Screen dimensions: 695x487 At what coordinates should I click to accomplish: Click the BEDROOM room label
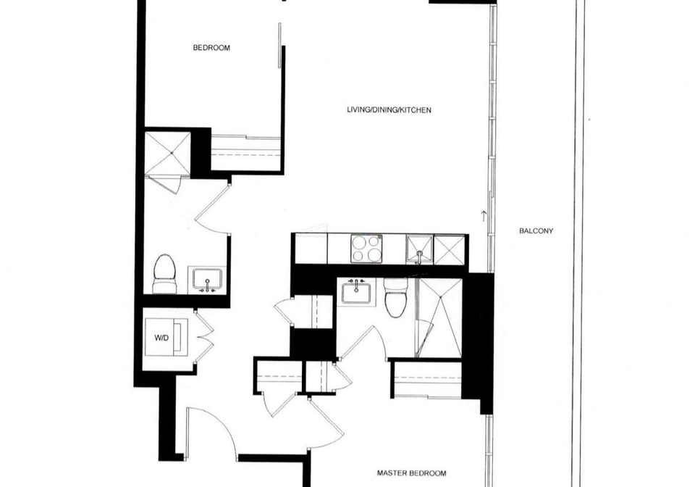(x=211, y=48)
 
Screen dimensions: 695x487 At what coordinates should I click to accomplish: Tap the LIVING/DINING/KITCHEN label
(x=389, y=110)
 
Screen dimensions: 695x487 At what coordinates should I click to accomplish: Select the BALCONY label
(x=536, y=231)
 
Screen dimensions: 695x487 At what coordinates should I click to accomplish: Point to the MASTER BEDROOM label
(x=411, y=473)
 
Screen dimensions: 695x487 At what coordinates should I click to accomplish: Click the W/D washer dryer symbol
(x=167, y=337)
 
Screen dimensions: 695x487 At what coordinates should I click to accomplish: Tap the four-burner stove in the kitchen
(x=366, y=249)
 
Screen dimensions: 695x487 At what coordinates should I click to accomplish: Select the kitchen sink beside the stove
(x=419, y=249)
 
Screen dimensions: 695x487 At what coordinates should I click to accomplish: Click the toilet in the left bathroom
(x=164, y=273)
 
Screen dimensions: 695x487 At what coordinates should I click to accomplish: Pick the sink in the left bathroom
(x=207, y=280)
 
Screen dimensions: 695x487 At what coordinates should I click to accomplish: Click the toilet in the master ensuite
(x=395, y=297)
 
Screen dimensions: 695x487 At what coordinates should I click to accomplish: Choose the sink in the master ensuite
(x=356, y=292)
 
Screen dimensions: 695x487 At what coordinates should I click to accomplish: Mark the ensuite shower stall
(x=439, y=318)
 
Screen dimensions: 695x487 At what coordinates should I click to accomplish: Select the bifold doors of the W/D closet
(x=204, y=338)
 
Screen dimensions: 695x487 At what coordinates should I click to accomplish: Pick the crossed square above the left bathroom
(x=167, y=154)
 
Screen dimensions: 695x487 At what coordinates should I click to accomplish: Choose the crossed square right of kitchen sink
(x=450, y=250)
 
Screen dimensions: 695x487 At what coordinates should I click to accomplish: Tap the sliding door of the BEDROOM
(x=279, y=45)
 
